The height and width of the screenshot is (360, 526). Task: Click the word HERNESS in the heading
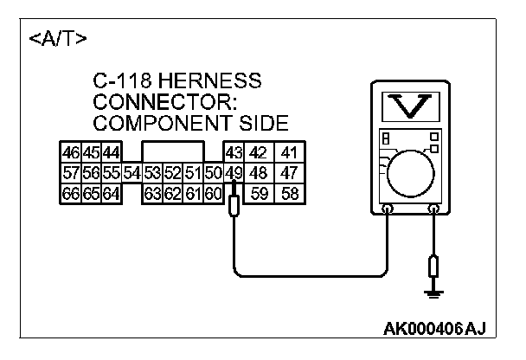[210, 82]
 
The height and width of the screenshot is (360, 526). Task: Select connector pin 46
[70, 153]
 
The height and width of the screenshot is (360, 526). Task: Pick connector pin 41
[289, 153]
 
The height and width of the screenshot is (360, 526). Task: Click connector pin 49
[233, 173]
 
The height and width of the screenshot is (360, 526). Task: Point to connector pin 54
[131, 173]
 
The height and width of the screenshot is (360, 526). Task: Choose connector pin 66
[70, 193]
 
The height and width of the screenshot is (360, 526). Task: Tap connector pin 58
[289, 193]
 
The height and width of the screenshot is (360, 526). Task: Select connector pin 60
[213, 193]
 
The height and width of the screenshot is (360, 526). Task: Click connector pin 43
[233, 153]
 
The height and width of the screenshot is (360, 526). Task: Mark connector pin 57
[70, 173]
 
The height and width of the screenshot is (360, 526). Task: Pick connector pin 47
[289, 173]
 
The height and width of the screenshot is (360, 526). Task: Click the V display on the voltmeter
[410, 106]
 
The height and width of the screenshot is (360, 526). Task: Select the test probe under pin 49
[234, 206]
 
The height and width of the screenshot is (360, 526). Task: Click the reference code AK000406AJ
[433, 329]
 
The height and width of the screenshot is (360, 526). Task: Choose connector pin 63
[152, 193]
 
